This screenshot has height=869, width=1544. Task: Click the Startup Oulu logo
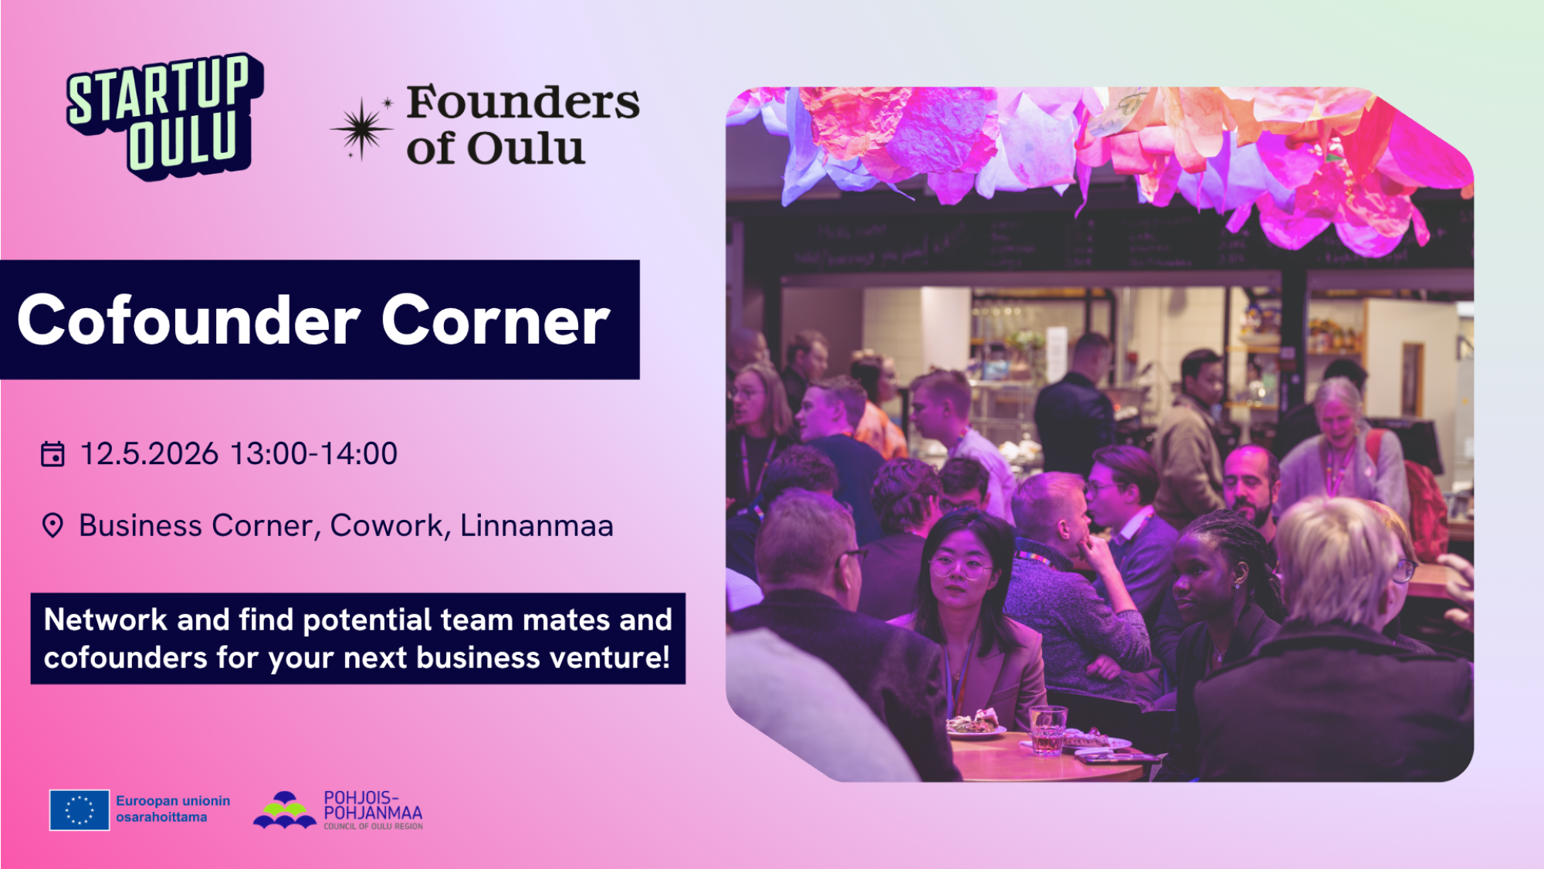[164, 116]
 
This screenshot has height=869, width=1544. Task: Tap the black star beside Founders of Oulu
[361, 129]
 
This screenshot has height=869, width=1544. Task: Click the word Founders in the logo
[523, 103]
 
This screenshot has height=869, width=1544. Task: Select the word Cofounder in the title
[188, 320]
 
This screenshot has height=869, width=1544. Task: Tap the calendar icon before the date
[52, 453]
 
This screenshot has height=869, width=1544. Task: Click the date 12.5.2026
[149, 453]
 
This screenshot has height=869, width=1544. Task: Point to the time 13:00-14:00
[313, 453]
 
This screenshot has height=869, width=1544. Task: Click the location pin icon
[52, 525]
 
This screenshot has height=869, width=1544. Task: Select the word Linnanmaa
[537, 525]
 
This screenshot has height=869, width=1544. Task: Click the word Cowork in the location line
[388, 525]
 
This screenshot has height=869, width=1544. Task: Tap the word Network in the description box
[105, 620]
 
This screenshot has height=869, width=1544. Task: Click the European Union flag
[80, 810]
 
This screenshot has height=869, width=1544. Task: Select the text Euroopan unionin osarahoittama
[173, 809]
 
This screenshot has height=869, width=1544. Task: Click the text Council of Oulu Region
[373, 827]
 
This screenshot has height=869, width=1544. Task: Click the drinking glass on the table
[1048, 729]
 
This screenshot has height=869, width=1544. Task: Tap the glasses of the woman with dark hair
[959, 569]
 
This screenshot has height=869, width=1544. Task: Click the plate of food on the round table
[974, 725]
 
